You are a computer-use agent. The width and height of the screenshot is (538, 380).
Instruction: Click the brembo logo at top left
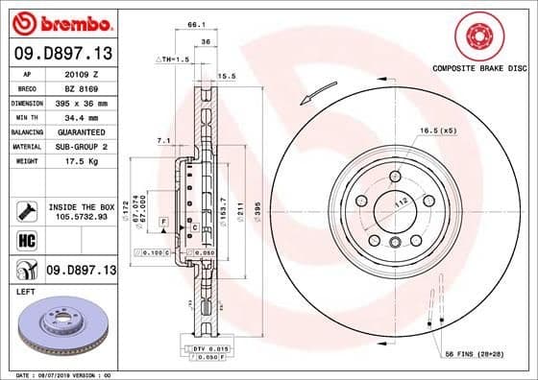[x=60, y=21]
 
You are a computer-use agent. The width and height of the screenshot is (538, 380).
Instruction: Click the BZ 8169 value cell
[x=81, y=85]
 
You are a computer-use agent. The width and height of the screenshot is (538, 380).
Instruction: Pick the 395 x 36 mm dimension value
[x=81, y=99]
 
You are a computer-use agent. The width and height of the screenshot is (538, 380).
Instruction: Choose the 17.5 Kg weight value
[x=81, y=162]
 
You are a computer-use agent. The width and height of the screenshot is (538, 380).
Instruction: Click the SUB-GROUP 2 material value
[x=81, y=146]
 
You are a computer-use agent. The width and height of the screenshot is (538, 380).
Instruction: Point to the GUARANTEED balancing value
[x=81, y=131]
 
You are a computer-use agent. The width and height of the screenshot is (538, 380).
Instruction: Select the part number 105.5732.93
[x=81, y=218]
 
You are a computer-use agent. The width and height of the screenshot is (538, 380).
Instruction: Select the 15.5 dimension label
[x=228, y=76]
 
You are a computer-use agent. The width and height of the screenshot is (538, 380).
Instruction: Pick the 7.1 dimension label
[x=163, y=141]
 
